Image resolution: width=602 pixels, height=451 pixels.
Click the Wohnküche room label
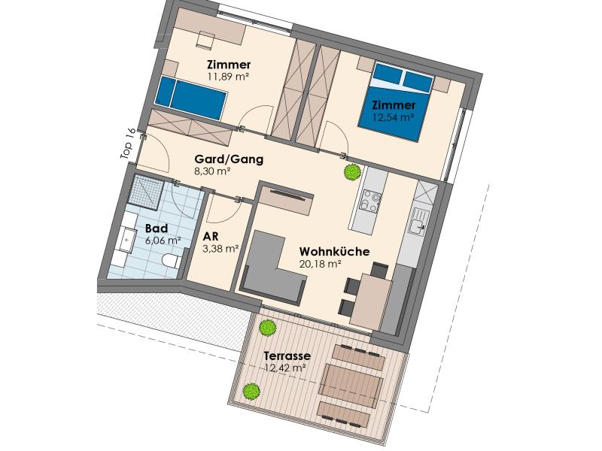[334, 252]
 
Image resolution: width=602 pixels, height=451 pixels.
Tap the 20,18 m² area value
[321, 264]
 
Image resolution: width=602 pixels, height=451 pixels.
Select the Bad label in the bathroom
[157, 229]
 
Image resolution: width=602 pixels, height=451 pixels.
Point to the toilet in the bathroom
[171, 261]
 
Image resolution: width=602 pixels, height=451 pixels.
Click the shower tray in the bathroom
[146, 193]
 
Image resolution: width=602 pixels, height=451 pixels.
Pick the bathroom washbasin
[127, 239]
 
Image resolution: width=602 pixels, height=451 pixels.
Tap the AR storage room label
[211, 237]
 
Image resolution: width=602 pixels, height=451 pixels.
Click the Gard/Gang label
[230, 159]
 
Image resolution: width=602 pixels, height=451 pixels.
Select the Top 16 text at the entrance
[127, 144]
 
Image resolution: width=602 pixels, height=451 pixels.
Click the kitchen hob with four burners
[370, 201]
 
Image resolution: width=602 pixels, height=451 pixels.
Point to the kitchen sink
[418, 221]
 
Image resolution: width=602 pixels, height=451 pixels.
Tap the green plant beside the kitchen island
[351, 172]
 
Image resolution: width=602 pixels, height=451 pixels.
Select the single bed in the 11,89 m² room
[190, 98]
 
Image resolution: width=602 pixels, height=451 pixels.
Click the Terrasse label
[287, 356]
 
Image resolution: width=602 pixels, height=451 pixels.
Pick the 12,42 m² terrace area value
[285, 368]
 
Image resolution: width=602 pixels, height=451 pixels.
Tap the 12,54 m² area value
[393, 117]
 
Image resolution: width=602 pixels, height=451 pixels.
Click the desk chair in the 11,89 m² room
[205, 41]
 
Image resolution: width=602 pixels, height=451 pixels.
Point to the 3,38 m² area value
[220, 249]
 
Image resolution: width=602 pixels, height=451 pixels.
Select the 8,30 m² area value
[212, 171]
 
